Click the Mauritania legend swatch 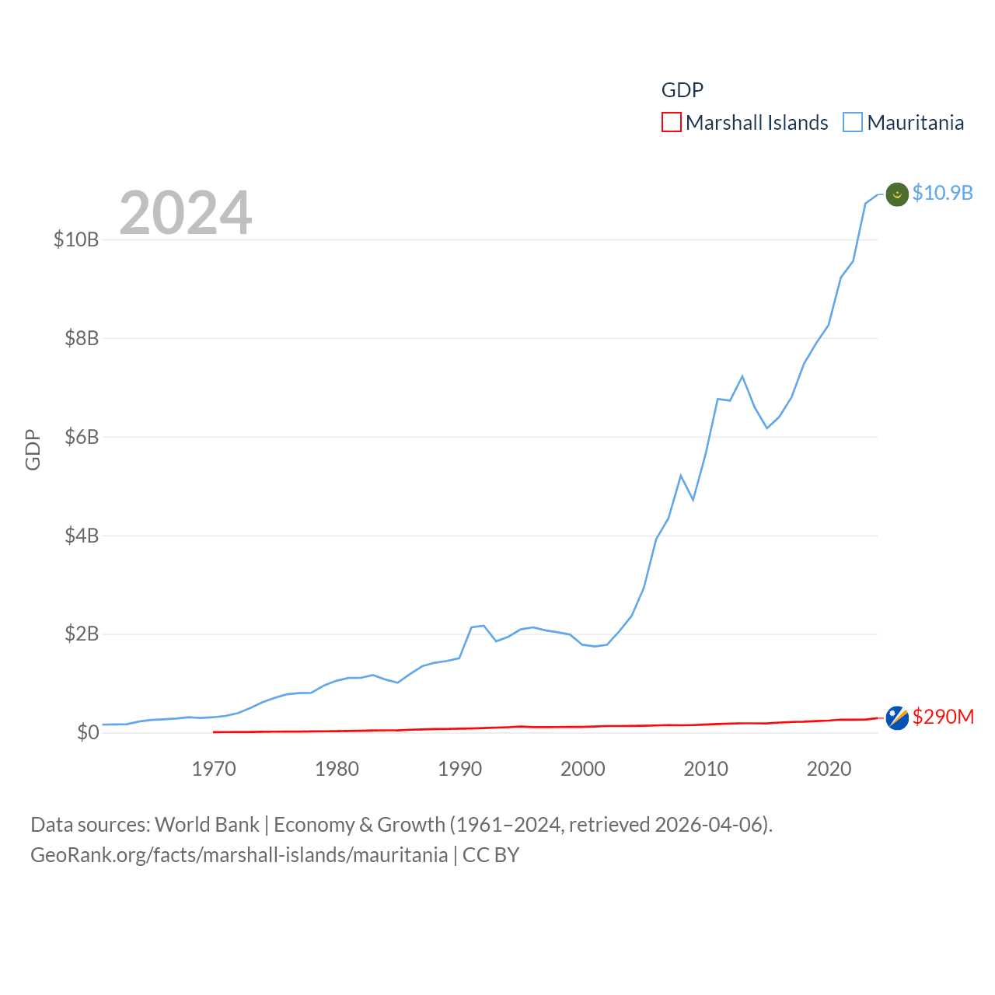tap(853, 123)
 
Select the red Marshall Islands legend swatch tap(672, 123)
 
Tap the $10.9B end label tap(942, 193)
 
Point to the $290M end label tap(943, 717)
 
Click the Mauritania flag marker tap(897, 194)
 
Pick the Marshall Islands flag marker tap(897, 718)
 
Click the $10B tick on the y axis tap(76, 239)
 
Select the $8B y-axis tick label tap(82, 338)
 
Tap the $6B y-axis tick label tap(82, 437)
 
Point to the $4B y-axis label tap(82, 536)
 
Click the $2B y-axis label tap(82, 634)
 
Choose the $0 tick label tap(88, 732)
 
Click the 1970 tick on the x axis tap(214, 770)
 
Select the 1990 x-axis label tap(460, 770)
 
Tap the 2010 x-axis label tap(706, 770)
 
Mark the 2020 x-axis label tap(829, 770)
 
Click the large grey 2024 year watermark tap(185, 212)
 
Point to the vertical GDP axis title tap(33, 449)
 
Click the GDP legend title tap(682, 90)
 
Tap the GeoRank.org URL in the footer tap(239, 855)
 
